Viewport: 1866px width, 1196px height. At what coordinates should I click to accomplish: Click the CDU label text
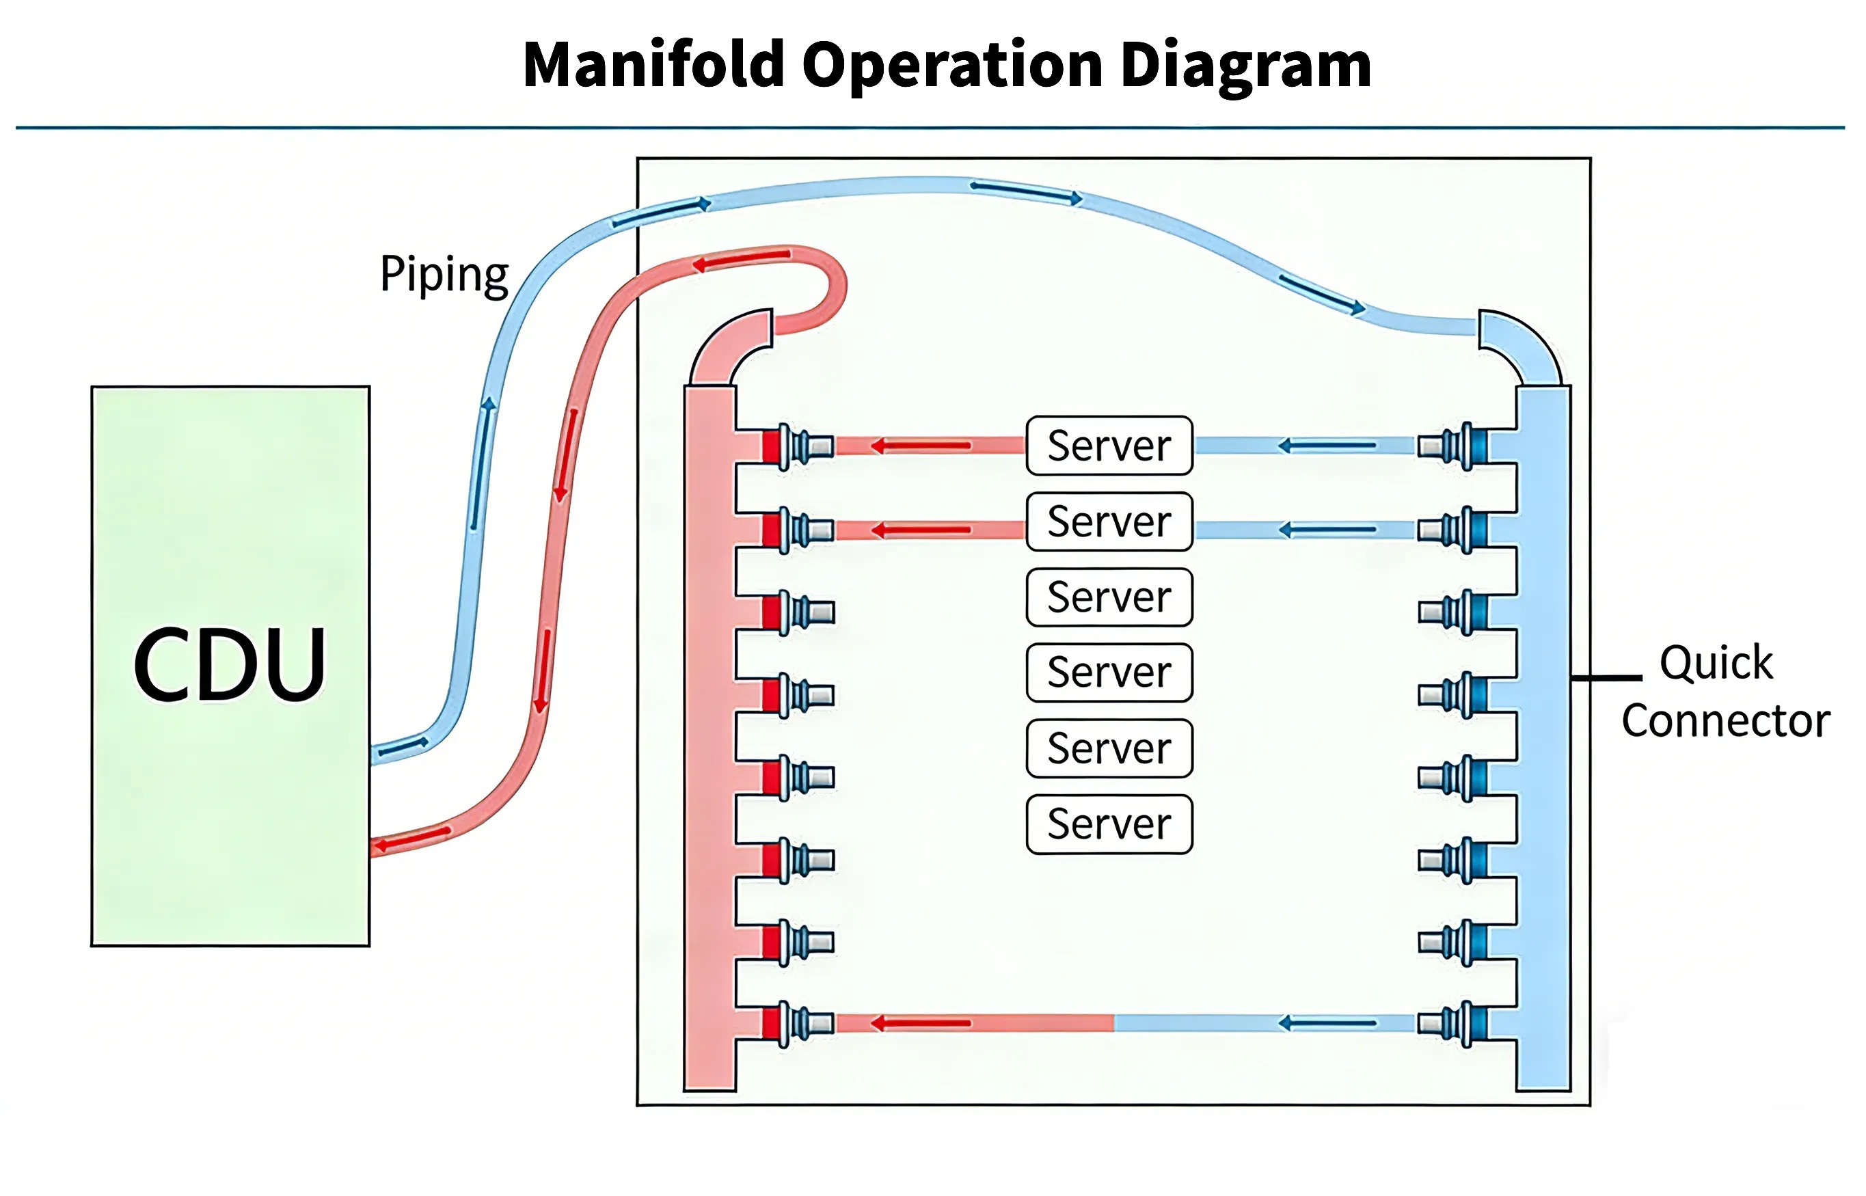pos(230,665)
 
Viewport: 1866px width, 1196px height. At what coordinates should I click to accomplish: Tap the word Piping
pos(444,275)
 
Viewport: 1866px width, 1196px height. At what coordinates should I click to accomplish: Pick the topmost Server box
pos(1109,446)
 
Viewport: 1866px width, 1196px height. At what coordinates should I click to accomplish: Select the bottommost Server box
pos(1109,824)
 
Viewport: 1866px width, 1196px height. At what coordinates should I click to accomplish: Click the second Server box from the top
pos(1109,521)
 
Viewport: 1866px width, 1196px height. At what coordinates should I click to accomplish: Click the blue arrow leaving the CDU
pos(404,747)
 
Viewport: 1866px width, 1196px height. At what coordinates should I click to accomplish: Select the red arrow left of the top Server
pos(920,446)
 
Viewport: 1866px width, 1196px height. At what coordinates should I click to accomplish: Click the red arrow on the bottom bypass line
pos(920,1024)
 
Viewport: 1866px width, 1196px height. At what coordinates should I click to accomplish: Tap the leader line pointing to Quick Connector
pos(1606,678)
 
